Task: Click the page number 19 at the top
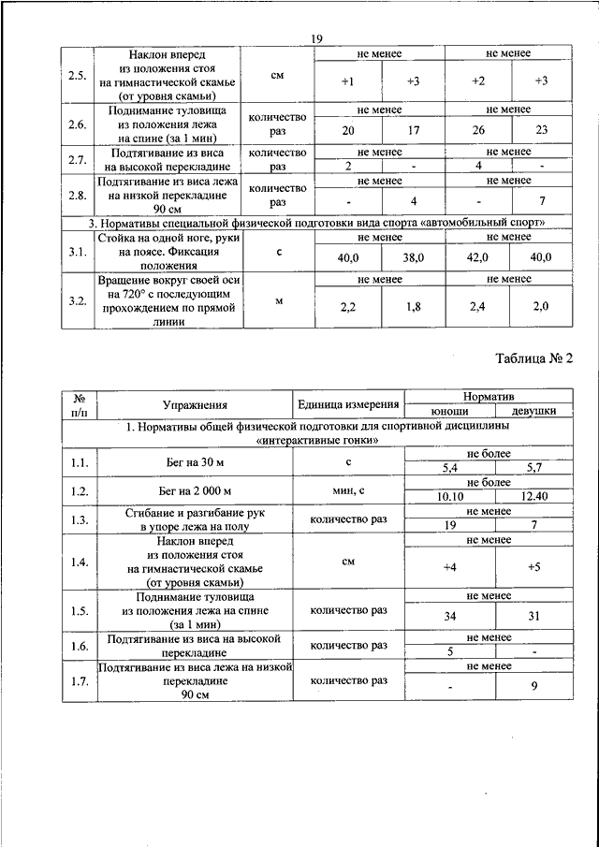click(x=316, y=37)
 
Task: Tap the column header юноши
click(x=449, y=411)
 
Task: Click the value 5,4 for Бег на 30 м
click(x=449, y=467)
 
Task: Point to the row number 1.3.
click(x=80, y=520)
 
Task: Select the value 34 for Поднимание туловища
click(x=449, y=617)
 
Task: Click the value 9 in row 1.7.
click(x=533, y=686)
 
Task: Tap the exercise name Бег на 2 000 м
click(x=195, y=490)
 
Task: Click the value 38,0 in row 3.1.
click(x=414, y=256)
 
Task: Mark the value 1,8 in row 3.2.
click(x=414, y=306)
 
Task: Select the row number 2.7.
click(x=78, y=159)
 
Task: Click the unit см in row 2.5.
click(x=277, y=73)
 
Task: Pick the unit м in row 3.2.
click(x=277, y=300)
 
